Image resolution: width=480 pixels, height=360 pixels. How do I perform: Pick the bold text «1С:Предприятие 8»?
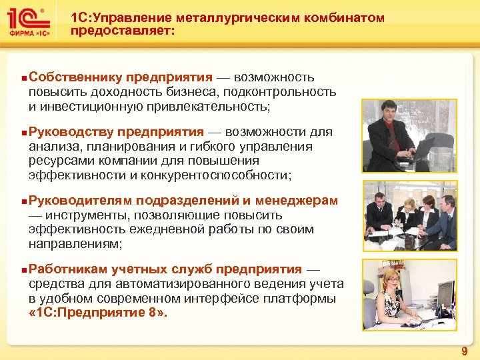click(x=99, y=313)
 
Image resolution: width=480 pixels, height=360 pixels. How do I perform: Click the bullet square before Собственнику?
click(x=24, y=78)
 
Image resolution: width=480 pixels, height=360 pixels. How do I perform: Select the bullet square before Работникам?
click(x=24, y=269)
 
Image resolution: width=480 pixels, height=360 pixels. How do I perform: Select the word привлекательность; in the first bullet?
click(x=211, y=106)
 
